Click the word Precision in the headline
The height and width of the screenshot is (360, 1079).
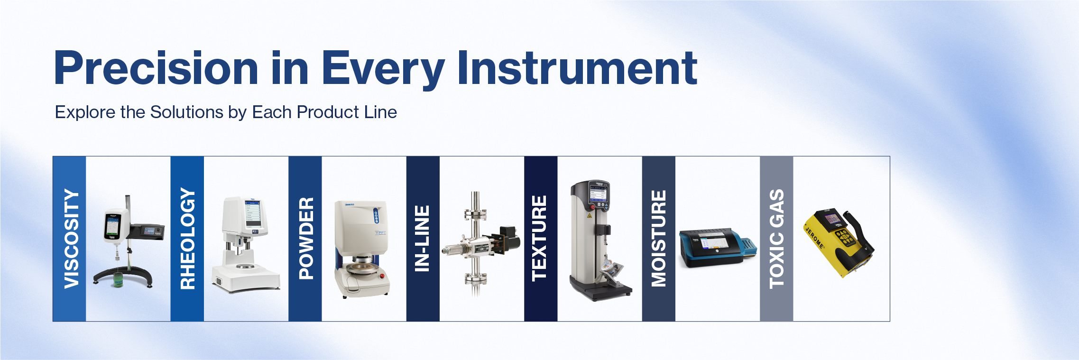click(x=156, y=69)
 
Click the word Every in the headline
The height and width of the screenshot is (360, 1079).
click(x=383, y=69)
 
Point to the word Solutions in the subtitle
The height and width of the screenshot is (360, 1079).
click(x=186, y=112)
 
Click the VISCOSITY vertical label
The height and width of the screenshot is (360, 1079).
click(x=70, y=239)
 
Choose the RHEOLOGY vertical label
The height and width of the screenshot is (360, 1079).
click(x=187, y=239)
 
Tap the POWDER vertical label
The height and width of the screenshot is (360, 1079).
click(x=305, y=239)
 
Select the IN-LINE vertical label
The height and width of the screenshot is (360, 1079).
click(x=423, y=239)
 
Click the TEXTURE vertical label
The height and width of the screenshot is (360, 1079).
click(x=540, y=239)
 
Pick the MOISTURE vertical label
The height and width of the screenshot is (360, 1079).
click(x=658, y=239)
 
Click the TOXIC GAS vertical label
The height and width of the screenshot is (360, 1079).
click(x=776, y=239)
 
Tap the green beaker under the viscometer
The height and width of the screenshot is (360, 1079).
click(x=118, y=281)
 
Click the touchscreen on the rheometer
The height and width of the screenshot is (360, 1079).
click(x=252, y=214)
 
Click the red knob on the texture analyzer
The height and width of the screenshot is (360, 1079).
click(x=592, y=207)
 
